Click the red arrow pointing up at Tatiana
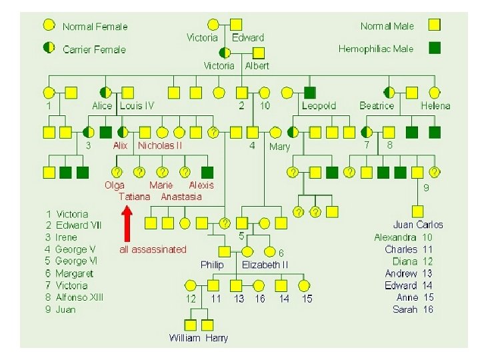tap(127, 223)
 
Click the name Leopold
tap(319, 106)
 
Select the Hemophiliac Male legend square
tap(434, 47)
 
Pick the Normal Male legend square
tap(434, 25)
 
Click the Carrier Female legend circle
tap(49, 48)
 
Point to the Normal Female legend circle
tap(49, 25)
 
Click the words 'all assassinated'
tap(153, 249)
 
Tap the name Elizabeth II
tap(265, 265)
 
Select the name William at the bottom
tap(185, 338)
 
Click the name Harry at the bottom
tap(217, 338)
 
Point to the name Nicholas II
tap(160, 145)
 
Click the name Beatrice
tap(377, 106)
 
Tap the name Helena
tap(435, 106)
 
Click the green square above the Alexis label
tap(207, 172)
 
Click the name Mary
tap(279, 147)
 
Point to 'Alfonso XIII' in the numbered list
tap(79, 297)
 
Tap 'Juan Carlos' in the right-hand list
tap(418, 225)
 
